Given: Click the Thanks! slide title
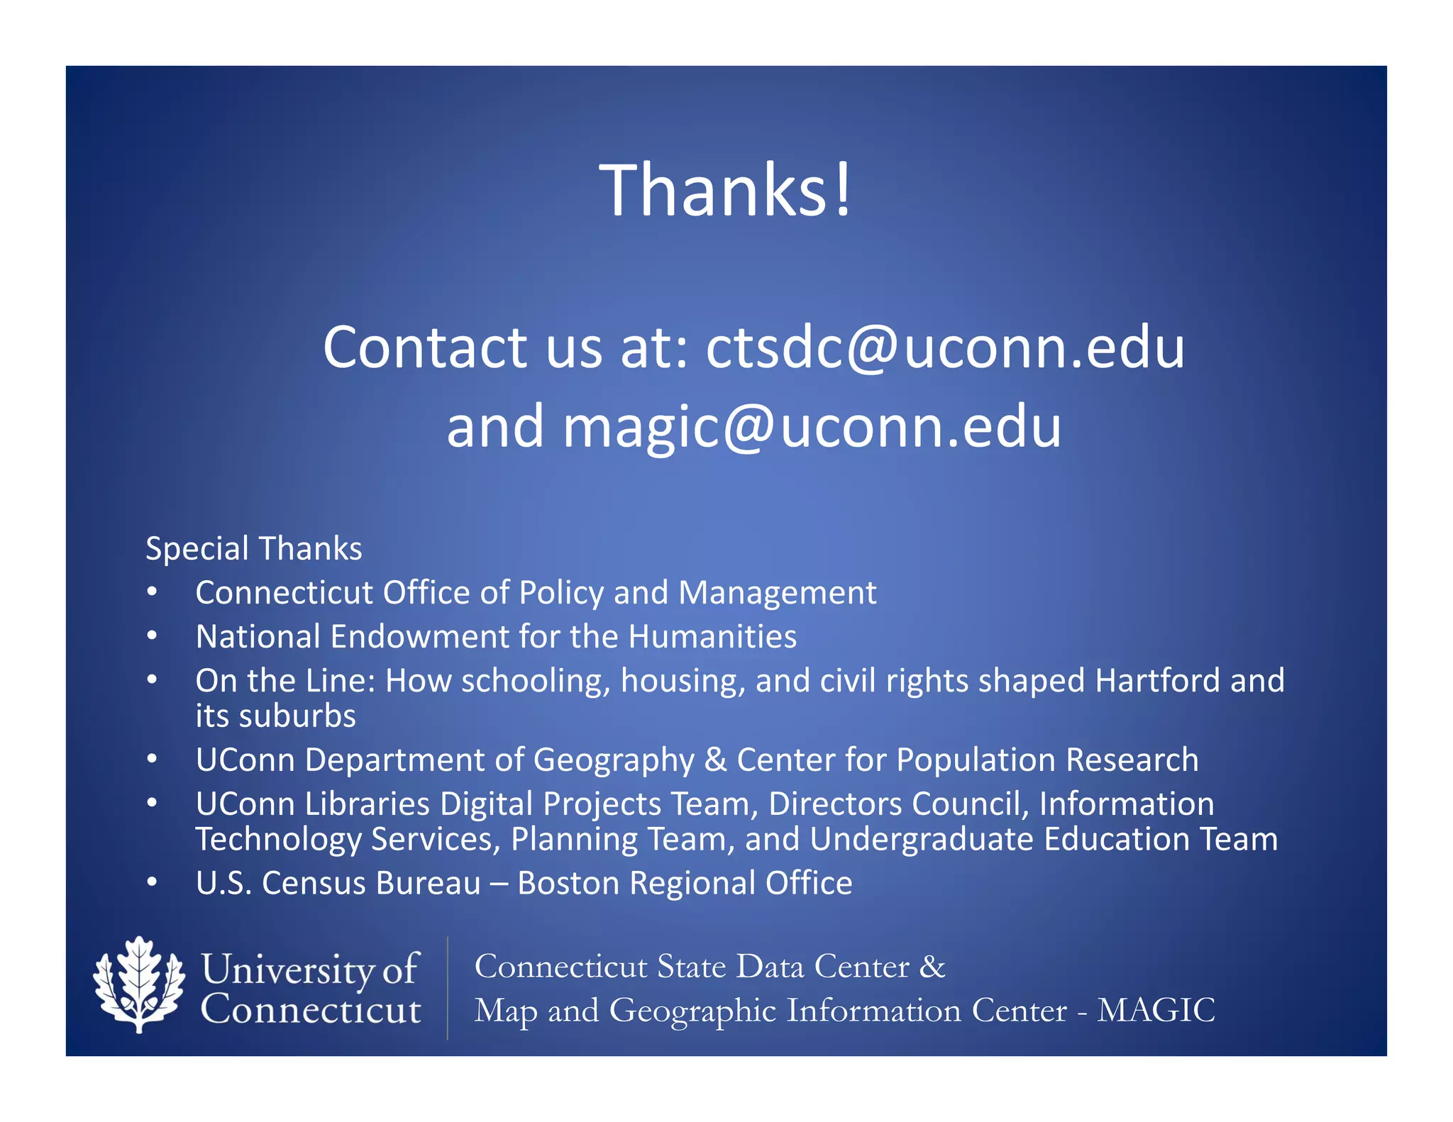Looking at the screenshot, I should [725, 190].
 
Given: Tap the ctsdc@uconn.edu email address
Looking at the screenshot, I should [945, 348].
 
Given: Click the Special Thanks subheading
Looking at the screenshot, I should [254, 549].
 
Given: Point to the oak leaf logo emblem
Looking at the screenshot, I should [139, 984].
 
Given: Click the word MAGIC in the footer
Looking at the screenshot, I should [1156, 1010].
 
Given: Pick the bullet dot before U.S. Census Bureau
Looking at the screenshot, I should [152, 883].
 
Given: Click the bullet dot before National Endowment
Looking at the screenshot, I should [152, 636].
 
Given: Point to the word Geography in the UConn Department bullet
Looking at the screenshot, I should [614, 760].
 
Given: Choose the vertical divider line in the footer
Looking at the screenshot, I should [448, 988].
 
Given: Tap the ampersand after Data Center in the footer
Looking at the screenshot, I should [932, 967].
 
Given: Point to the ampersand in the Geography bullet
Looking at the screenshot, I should [716, 760].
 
